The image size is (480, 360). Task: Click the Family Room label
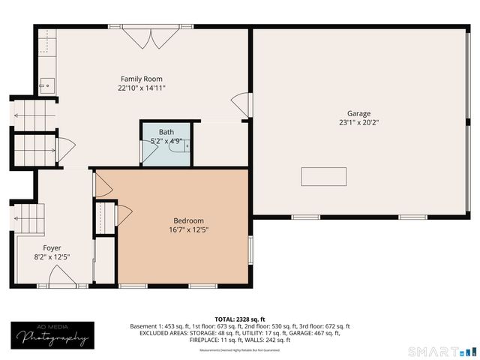click(142, 79)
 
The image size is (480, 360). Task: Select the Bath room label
click(166, 132)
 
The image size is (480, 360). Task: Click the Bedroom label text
click(188, 220)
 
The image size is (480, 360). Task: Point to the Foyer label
click(52, 247)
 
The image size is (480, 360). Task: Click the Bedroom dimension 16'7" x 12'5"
click(188, 229)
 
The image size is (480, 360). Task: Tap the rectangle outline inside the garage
click(324, 176)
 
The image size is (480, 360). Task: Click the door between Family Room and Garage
click(239, 103)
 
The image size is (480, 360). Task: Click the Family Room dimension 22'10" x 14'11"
click(142, 88)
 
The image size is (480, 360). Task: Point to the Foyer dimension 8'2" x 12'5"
click(52, 256)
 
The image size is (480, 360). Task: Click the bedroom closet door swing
click(123, 215)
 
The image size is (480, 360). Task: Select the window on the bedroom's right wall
click(250, 248)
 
